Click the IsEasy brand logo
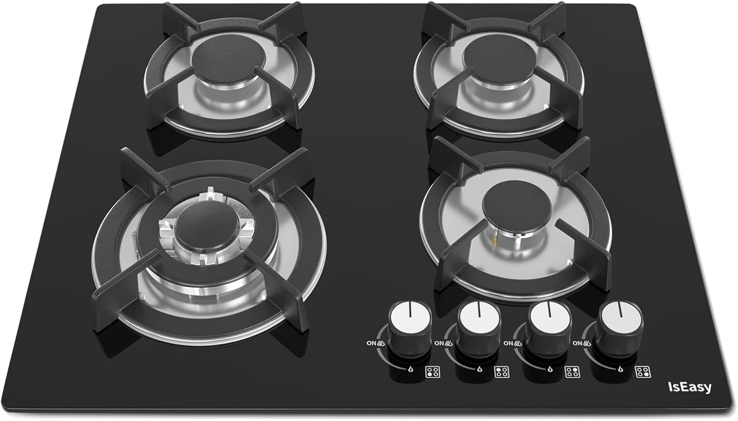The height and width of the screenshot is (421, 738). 690,388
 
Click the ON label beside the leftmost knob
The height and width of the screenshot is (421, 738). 371,343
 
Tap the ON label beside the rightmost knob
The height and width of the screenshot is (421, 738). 578,343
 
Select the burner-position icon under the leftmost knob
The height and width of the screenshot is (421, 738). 433,372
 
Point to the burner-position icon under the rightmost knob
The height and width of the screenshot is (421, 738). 643,372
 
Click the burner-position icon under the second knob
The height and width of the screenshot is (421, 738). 502,372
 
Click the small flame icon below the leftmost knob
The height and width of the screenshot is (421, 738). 410,369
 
